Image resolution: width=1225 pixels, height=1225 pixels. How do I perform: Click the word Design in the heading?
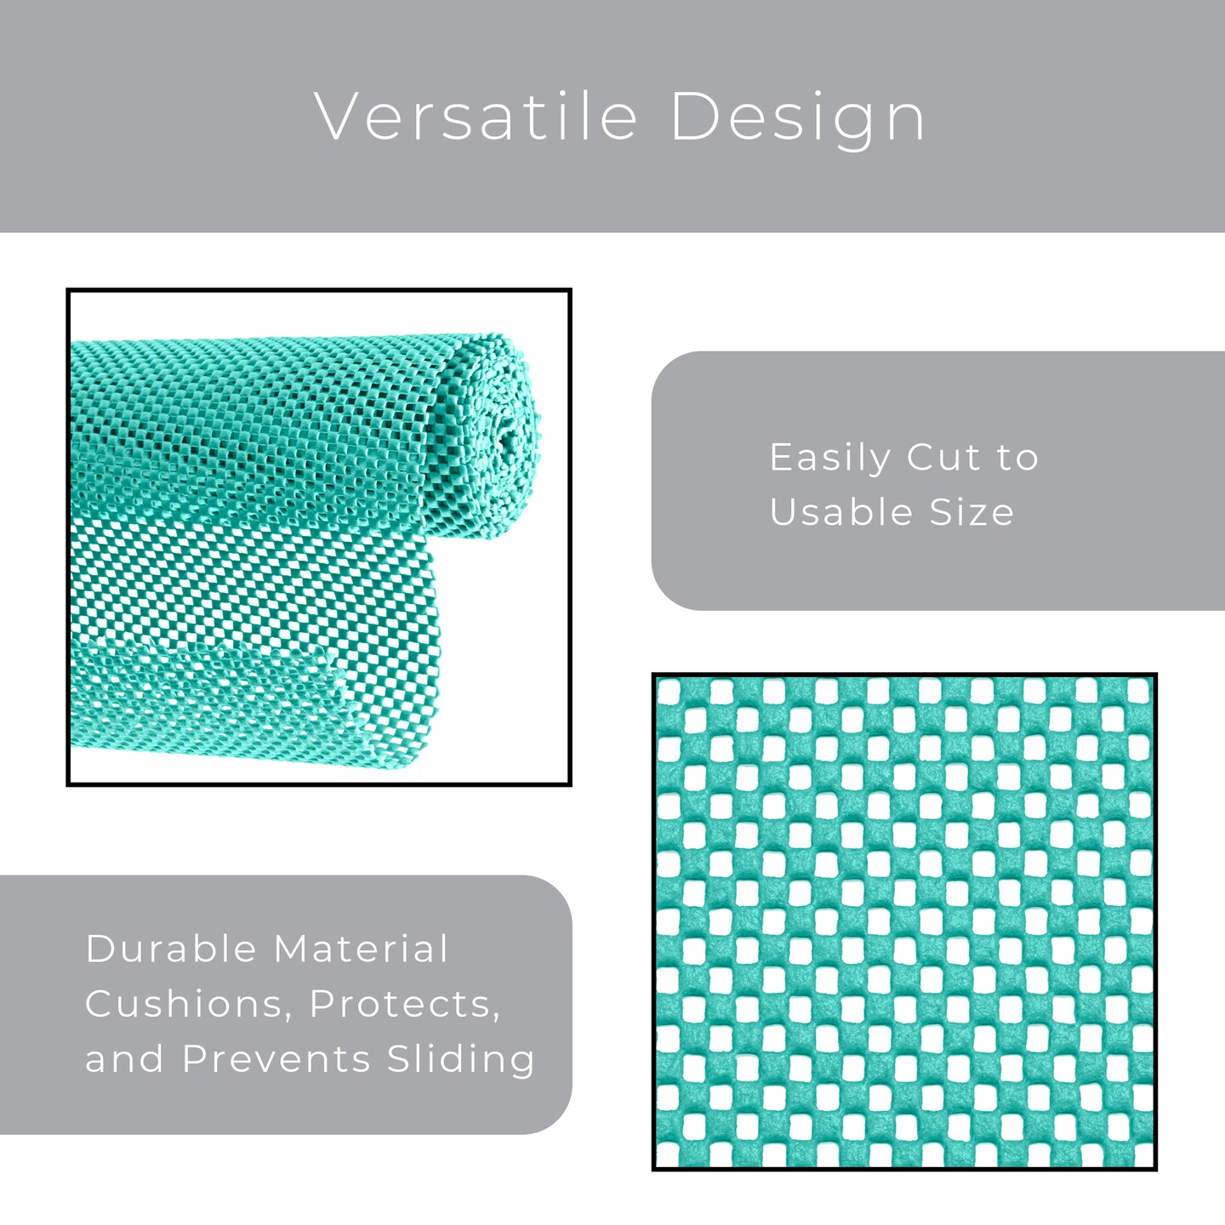797,117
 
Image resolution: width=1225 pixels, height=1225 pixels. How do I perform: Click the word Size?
971,512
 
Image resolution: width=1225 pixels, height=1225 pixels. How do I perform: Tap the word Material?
362,949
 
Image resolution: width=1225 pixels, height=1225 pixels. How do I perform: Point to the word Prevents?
277,1059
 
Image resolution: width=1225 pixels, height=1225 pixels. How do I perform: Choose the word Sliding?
461,1060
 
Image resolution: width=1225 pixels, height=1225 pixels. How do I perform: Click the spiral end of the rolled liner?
502,434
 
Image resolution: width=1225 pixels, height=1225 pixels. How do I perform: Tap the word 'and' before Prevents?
124,1059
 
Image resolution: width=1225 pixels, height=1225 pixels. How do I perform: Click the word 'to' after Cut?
1017,458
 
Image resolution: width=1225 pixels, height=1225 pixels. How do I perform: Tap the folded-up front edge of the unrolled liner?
213,672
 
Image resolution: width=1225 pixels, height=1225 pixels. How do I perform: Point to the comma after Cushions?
288,1016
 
